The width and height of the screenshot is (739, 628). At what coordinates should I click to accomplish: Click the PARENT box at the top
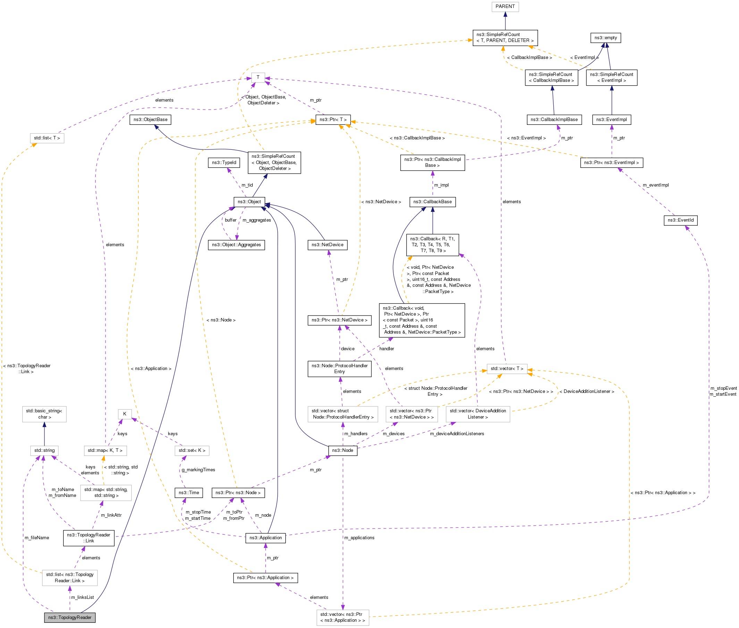point(505,6)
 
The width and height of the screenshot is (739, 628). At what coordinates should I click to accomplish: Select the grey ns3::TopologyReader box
point(70,617)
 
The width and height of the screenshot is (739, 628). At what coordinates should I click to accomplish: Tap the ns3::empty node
point(605,38)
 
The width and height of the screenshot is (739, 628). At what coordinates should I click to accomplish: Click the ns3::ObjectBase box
point(150,120)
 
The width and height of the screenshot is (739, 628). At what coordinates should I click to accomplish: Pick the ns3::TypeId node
point(224,163)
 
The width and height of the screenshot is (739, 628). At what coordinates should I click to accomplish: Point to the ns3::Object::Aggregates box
point(236,245)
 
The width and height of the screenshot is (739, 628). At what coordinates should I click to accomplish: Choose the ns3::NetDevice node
point(327,245)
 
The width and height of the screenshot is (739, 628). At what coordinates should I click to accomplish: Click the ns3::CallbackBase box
point(432,202)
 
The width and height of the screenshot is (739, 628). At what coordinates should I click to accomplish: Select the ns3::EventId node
point(680,220)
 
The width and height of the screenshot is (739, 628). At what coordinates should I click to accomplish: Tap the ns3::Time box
point(189,493)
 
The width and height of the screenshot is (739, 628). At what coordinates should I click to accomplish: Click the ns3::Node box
point(342,450)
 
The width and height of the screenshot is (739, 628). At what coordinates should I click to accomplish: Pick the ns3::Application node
point(266,537)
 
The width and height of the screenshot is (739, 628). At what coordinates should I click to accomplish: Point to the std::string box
point(44,450)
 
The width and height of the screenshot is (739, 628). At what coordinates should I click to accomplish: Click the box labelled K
point(125,414)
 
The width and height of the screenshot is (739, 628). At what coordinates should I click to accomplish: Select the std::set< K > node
point(192,450)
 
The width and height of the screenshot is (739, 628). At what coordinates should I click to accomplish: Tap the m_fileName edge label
point(37,537)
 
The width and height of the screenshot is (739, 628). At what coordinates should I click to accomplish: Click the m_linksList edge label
point(82,597)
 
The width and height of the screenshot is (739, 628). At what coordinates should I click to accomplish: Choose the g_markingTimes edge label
point(199,470)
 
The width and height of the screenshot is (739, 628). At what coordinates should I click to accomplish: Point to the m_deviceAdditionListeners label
point(457,433)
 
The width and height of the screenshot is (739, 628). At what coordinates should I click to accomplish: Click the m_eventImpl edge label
point(656,185)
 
